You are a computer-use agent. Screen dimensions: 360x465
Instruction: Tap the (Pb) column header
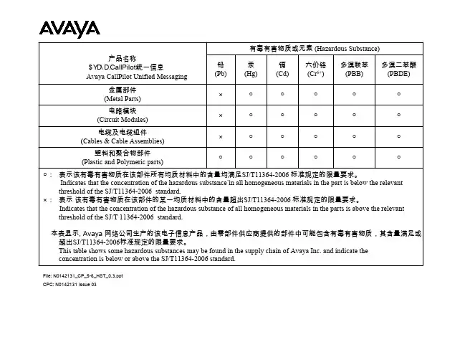click(x=221, y=69)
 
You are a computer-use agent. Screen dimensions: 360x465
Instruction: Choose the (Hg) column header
click(x=251, y=69)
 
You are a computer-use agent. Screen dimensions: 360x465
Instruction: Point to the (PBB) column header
click(x=354, y=69)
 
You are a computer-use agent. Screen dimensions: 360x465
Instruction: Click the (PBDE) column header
click(x=398, y=69)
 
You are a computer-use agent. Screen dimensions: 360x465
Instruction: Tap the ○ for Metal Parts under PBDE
click(x=398, y=94)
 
